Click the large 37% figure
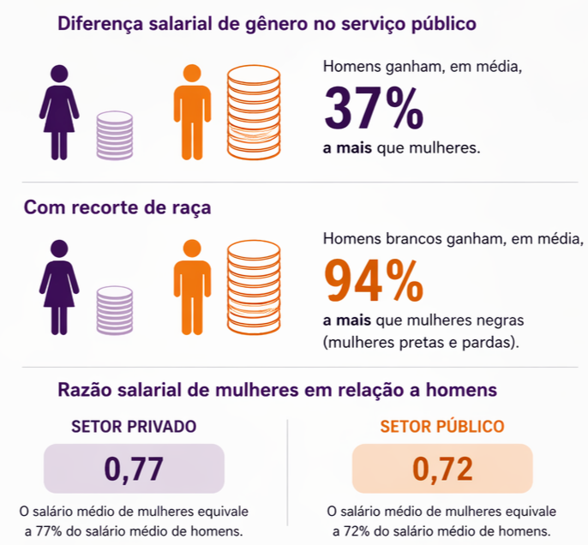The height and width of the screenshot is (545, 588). point(373,107)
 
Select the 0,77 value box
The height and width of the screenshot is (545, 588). point(134,468)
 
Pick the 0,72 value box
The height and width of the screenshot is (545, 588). point(442,468)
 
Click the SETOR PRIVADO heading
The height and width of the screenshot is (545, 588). point(134,426)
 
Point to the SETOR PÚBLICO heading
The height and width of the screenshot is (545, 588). point(442,426)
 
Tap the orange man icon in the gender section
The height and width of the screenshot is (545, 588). point(192,111)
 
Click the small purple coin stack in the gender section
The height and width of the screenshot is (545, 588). point(114,135)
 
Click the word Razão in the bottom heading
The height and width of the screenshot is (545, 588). point(86,390)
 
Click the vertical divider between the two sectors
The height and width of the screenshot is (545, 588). point(288,476)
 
